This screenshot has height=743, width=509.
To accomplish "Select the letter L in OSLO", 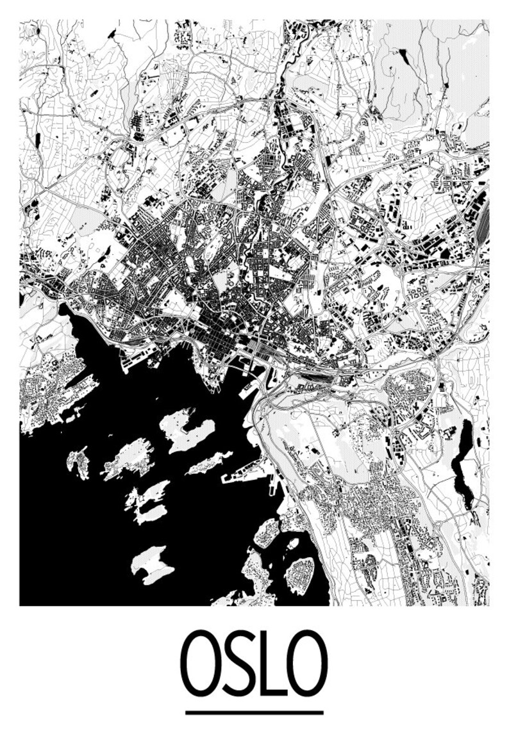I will (272, 664).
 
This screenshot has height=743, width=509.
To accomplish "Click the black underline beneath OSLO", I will (254, 712).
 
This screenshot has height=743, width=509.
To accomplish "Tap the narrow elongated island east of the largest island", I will (209, 462).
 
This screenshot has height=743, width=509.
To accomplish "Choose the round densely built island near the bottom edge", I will (300, 574).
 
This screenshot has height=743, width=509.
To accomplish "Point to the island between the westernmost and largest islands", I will (128, 459).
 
